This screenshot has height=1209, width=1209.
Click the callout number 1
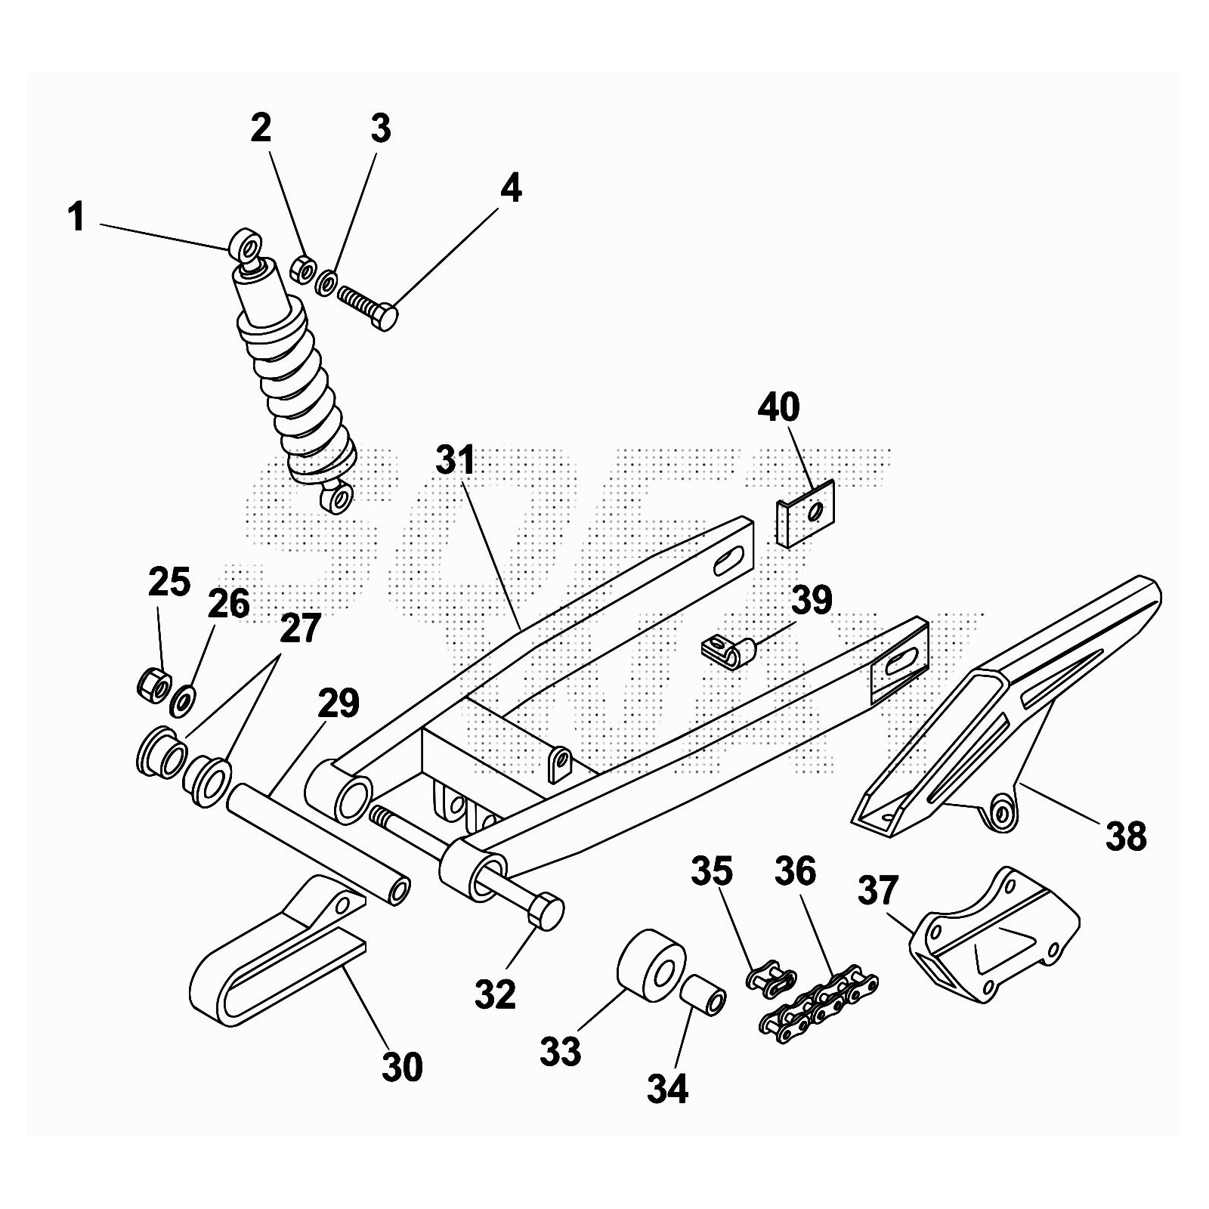tap(76, 218)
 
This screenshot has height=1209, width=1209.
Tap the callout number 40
tap(779, 407)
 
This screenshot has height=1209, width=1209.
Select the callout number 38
tap(1126, 837)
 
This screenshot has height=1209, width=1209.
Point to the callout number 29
tap(338, 703)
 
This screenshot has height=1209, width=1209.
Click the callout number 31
tap(455, 460)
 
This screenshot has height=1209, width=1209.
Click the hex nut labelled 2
tap(301, 269)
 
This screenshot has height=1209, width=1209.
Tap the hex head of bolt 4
tap(387, 317)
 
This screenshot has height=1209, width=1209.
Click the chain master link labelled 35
tap(769, 979)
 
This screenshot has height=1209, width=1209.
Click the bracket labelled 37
tap(990, 938)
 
